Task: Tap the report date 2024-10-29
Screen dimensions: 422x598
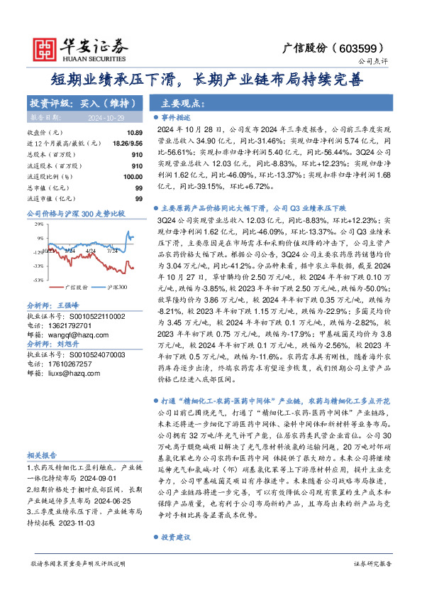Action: [86, 116]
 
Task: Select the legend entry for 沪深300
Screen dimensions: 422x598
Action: [113, 287]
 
